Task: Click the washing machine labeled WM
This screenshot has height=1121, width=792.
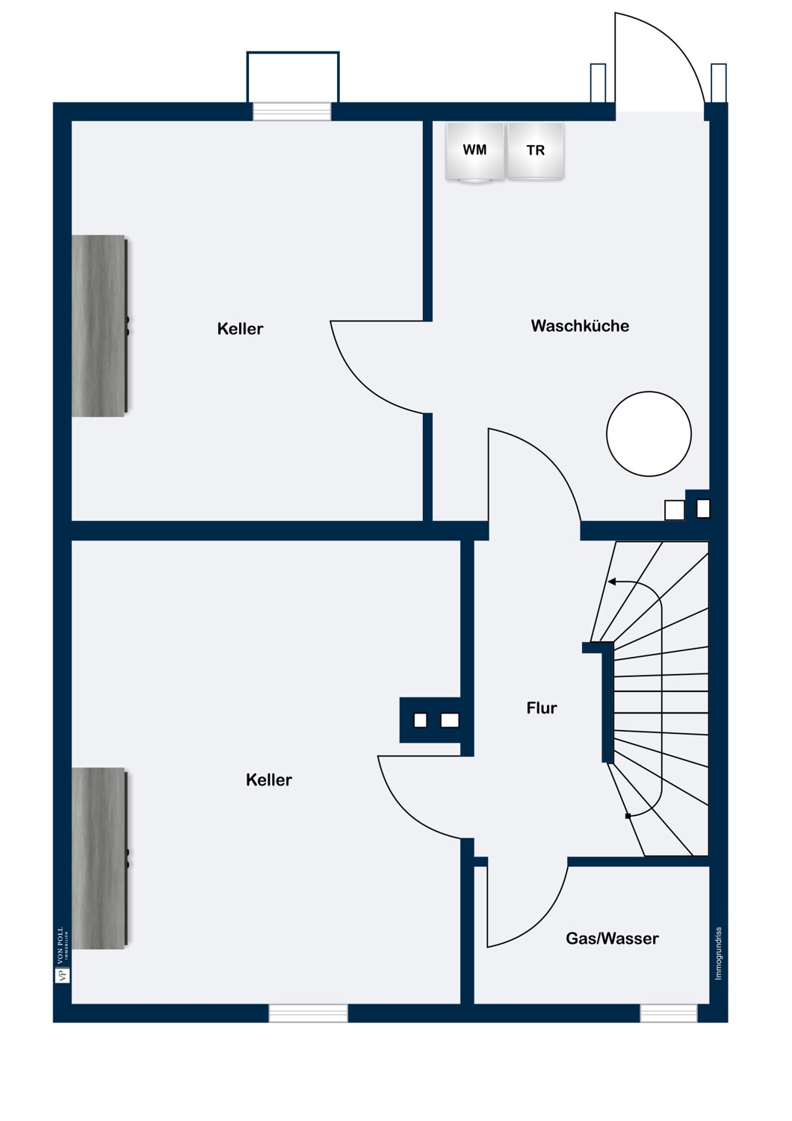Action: coord(474,152)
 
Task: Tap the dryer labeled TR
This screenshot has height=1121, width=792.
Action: coord(535,151)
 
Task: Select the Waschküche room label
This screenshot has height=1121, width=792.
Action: coord(580,326)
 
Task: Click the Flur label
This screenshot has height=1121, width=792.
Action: coord(542,708)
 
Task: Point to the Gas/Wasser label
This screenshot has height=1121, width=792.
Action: coord(612,939)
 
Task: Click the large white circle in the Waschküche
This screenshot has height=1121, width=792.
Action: coord(649,433)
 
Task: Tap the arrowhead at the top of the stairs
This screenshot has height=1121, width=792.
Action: coord(611,581)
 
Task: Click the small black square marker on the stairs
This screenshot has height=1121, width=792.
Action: coord(628,816)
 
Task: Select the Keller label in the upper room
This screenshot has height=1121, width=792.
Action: coord(240,329)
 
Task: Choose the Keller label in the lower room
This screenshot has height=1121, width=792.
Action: coord(269,779)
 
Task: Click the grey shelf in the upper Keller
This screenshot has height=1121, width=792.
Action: coord(99,325)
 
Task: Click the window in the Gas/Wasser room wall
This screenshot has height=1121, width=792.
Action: coord(669,1013)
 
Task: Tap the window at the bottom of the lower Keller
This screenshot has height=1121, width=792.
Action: coord(308,1013)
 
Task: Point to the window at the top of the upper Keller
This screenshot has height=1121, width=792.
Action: coord(291,111)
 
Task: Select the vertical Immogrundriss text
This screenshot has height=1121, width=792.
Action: coord(719,954)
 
